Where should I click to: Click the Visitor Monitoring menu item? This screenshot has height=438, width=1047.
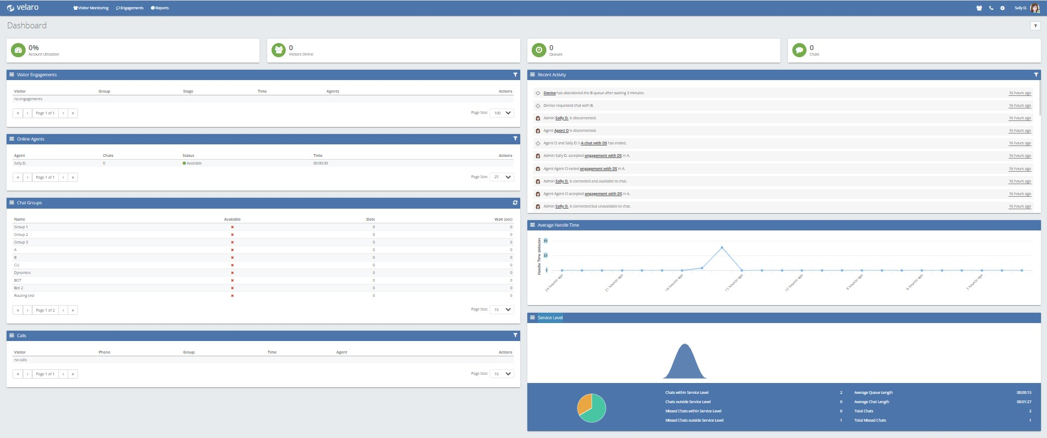[x=91, y=8]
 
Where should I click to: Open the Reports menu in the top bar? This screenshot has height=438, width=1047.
[x=160, y=8]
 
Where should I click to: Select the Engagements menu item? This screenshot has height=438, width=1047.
[x=130, y=8]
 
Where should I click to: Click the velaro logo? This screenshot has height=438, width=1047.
[x=23, y=8]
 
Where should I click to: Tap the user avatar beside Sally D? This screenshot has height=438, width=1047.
[x=1034, y=8]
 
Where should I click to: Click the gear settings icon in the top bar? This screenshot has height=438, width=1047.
[x=1002, y=8]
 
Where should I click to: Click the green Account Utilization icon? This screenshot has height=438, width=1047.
[x=18, y=50]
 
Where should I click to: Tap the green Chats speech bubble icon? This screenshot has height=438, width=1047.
[x=799, y=50]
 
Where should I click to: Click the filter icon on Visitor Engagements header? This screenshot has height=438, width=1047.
[x=515, y=75]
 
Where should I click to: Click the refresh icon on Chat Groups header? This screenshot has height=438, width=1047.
[x=515, y=203]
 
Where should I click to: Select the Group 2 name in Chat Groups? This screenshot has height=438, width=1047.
[x=21, y=235]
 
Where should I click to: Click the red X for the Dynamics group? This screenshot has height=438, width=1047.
[x=232, y=273]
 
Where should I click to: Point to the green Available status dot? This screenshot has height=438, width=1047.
[x=184, y=163]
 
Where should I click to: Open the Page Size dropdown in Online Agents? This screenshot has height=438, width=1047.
[x=502, y=177]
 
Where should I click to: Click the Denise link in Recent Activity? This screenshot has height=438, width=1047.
[x=549, y=93]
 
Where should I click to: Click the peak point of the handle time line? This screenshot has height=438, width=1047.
[x=722, y=248]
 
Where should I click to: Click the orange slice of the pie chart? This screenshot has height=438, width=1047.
[x=585, y=404]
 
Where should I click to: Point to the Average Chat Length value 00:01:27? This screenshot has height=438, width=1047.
[x=1024, y=402]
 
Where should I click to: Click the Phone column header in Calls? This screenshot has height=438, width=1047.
[x=104, y=352]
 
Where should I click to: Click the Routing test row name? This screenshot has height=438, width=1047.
[x=24, y=296]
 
